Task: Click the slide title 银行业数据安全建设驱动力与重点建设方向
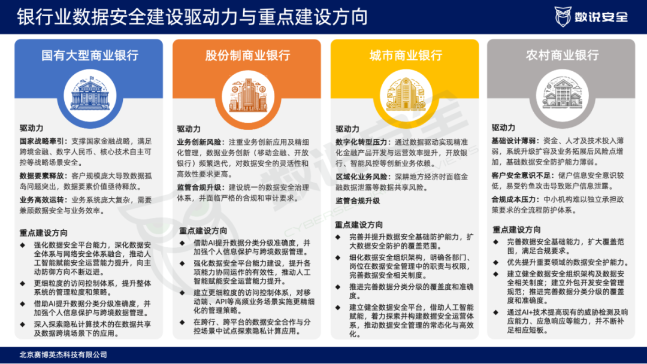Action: pos(192,17)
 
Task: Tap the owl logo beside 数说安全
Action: pos(563,17)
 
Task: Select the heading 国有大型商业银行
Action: pos(90,55)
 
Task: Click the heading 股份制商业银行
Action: pos(247,55)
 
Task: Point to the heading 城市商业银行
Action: pos(406,55)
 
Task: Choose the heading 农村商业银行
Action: pos(562,55)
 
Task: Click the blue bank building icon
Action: pos(90,95)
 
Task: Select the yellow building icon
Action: pos(406,95)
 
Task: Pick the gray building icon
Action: pos(563,94)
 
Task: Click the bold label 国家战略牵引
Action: pos(43,141)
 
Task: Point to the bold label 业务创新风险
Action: pos(199,142)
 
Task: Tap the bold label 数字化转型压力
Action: pos(361,142)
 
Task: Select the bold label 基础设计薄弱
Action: pos(514,141)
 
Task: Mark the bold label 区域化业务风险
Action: pos(361,177)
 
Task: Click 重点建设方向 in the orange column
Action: pos(203,231)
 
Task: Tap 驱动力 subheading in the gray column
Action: pos(503,128)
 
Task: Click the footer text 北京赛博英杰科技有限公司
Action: pos(63,354)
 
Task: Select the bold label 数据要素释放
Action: pos(43,176)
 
